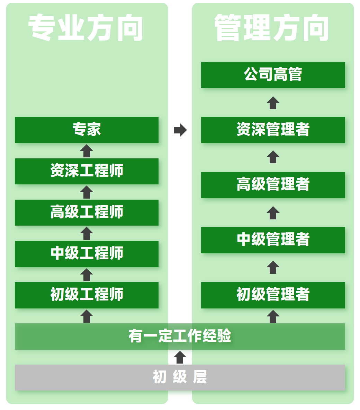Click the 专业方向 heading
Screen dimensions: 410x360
86,28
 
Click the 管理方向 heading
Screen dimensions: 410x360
272,28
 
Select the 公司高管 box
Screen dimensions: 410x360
273,75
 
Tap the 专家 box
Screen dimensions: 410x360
87,130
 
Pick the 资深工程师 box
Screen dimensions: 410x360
87,171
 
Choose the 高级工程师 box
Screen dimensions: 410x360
87,212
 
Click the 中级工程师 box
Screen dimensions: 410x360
87,254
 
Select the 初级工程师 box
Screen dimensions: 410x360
87,295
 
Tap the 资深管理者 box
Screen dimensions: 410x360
273,130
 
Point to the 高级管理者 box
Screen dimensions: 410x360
273,185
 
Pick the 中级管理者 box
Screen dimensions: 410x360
273,240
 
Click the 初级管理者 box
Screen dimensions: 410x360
273,295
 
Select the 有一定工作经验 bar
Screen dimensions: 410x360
180,336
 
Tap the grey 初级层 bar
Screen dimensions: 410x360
180,377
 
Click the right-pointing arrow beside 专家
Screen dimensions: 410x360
180,130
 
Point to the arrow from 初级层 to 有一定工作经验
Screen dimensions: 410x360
180,357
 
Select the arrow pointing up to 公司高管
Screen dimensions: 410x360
273,103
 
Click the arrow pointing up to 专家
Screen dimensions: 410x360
87,151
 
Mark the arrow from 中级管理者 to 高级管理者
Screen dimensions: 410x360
273,213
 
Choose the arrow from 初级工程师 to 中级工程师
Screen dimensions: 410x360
87,274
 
